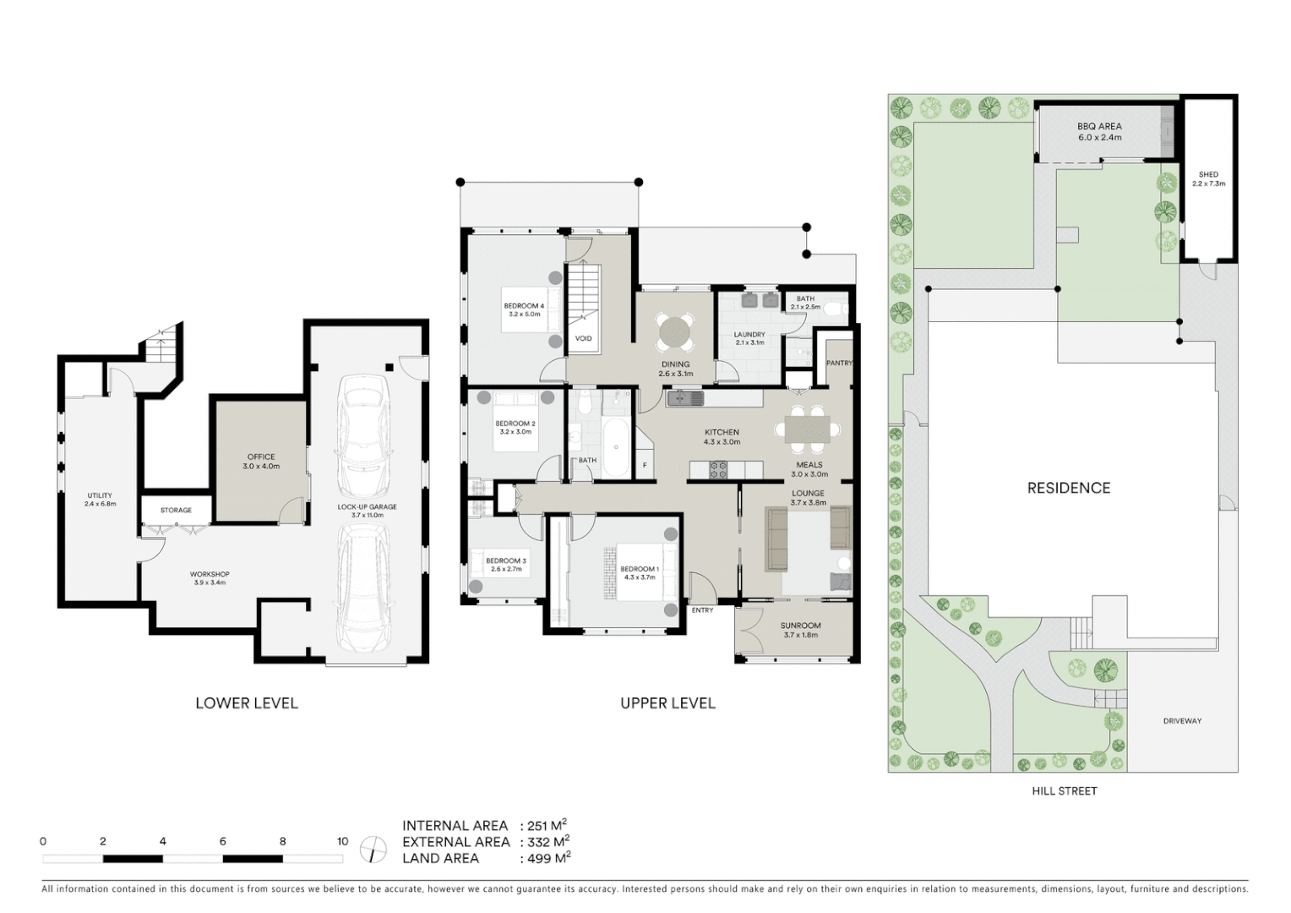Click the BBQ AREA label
[x=1099, y=127]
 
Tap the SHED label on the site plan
[x=1208, y=174]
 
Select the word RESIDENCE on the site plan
[x=1068, y=488]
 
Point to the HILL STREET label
[x=1064, y=791]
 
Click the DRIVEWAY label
[x=1182, y=721]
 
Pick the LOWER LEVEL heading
[x=246, y=703]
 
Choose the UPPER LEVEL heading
[x=667, y=703]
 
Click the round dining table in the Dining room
[x=676, y=332]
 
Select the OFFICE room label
[x=261, y=456]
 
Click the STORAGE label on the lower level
[x=176, y=510]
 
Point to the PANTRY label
[x=839, y=363]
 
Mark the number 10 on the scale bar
[x=342, y=841]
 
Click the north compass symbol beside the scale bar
[x=373, y=849]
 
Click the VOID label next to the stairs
[x=583, y=338]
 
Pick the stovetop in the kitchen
[x=718, y=470]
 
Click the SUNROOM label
[x=800, y=626]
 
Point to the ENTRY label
[x=702, y=610]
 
